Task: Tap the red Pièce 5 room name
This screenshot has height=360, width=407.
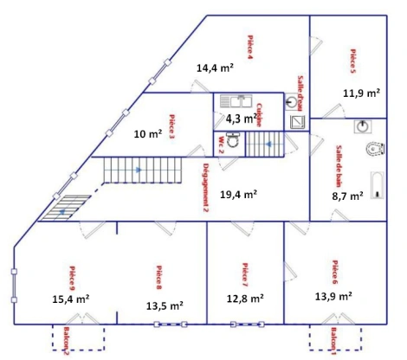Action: coord(353,61)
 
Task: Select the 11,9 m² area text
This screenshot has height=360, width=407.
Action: coord(362,92)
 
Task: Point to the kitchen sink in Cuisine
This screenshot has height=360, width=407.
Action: coord(236,100)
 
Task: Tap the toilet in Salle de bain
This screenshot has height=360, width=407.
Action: coord(375,149)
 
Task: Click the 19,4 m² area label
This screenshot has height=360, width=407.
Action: coord(238,195)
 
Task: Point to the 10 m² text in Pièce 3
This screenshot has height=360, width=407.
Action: coord(147,134)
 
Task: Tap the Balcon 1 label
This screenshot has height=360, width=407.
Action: coord(332,342)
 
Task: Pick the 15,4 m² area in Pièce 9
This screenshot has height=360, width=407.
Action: coord(71,299)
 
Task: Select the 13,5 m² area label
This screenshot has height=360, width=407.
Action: coord(163,305)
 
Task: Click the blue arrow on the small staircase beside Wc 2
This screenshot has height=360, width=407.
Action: coord(269,145)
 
